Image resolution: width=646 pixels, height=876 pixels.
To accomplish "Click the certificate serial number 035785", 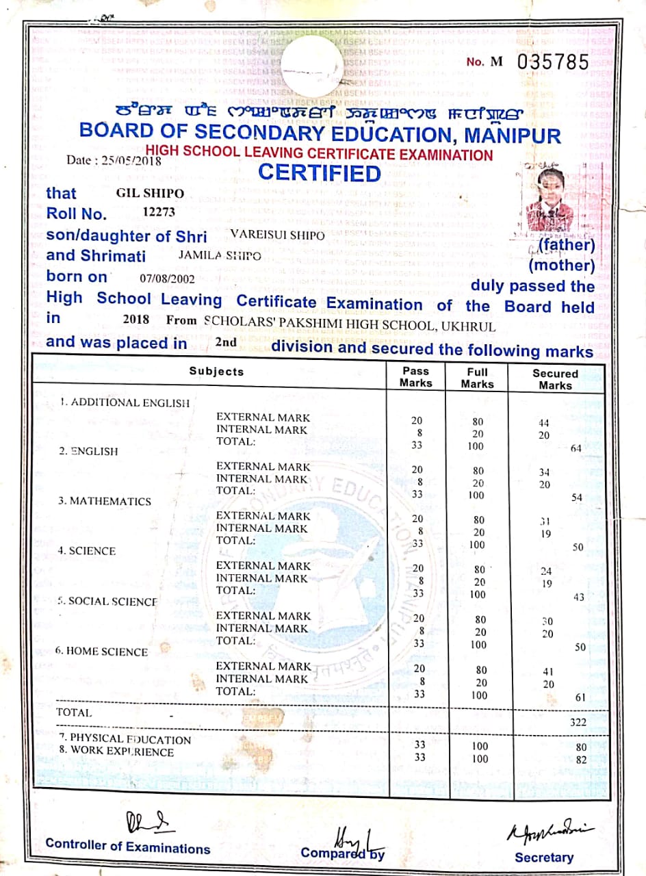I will pyautogui.click(x=553, y=62).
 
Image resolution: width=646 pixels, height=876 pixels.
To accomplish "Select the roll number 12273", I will pyautogui.click(x=159, y=212).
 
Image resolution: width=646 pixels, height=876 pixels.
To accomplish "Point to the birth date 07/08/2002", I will pyautogui.click(x=167, y=279).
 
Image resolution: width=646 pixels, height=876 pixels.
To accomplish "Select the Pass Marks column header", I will pyautogui.click(x=415, y=376).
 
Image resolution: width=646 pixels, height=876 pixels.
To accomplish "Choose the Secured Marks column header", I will pyautogui.click(x=555, y=379).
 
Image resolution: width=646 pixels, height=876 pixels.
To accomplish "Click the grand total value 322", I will pyautogui.click(x=578, y=722).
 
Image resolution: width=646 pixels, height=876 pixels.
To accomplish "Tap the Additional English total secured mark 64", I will pyautogui.click(x=576, y=448).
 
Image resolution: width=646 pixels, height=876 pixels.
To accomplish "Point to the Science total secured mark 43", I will pyautogui.click(x=579, y=597).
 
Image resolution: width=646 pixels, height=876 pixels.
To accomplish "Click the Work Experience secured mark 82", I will pyautogui.click(x=582, y=760).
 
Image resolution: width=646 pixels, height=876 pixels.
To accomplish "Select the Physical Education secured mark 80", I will pyautogui.click(x=582, y=747).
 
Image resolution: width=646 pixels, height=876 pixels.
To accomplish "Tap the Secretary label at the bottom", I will pyautogui.click(x=544, y=858).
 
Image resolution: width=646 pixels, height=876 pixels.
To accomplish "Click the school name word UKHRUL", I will pyautogui.click(x=468, y=326).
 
